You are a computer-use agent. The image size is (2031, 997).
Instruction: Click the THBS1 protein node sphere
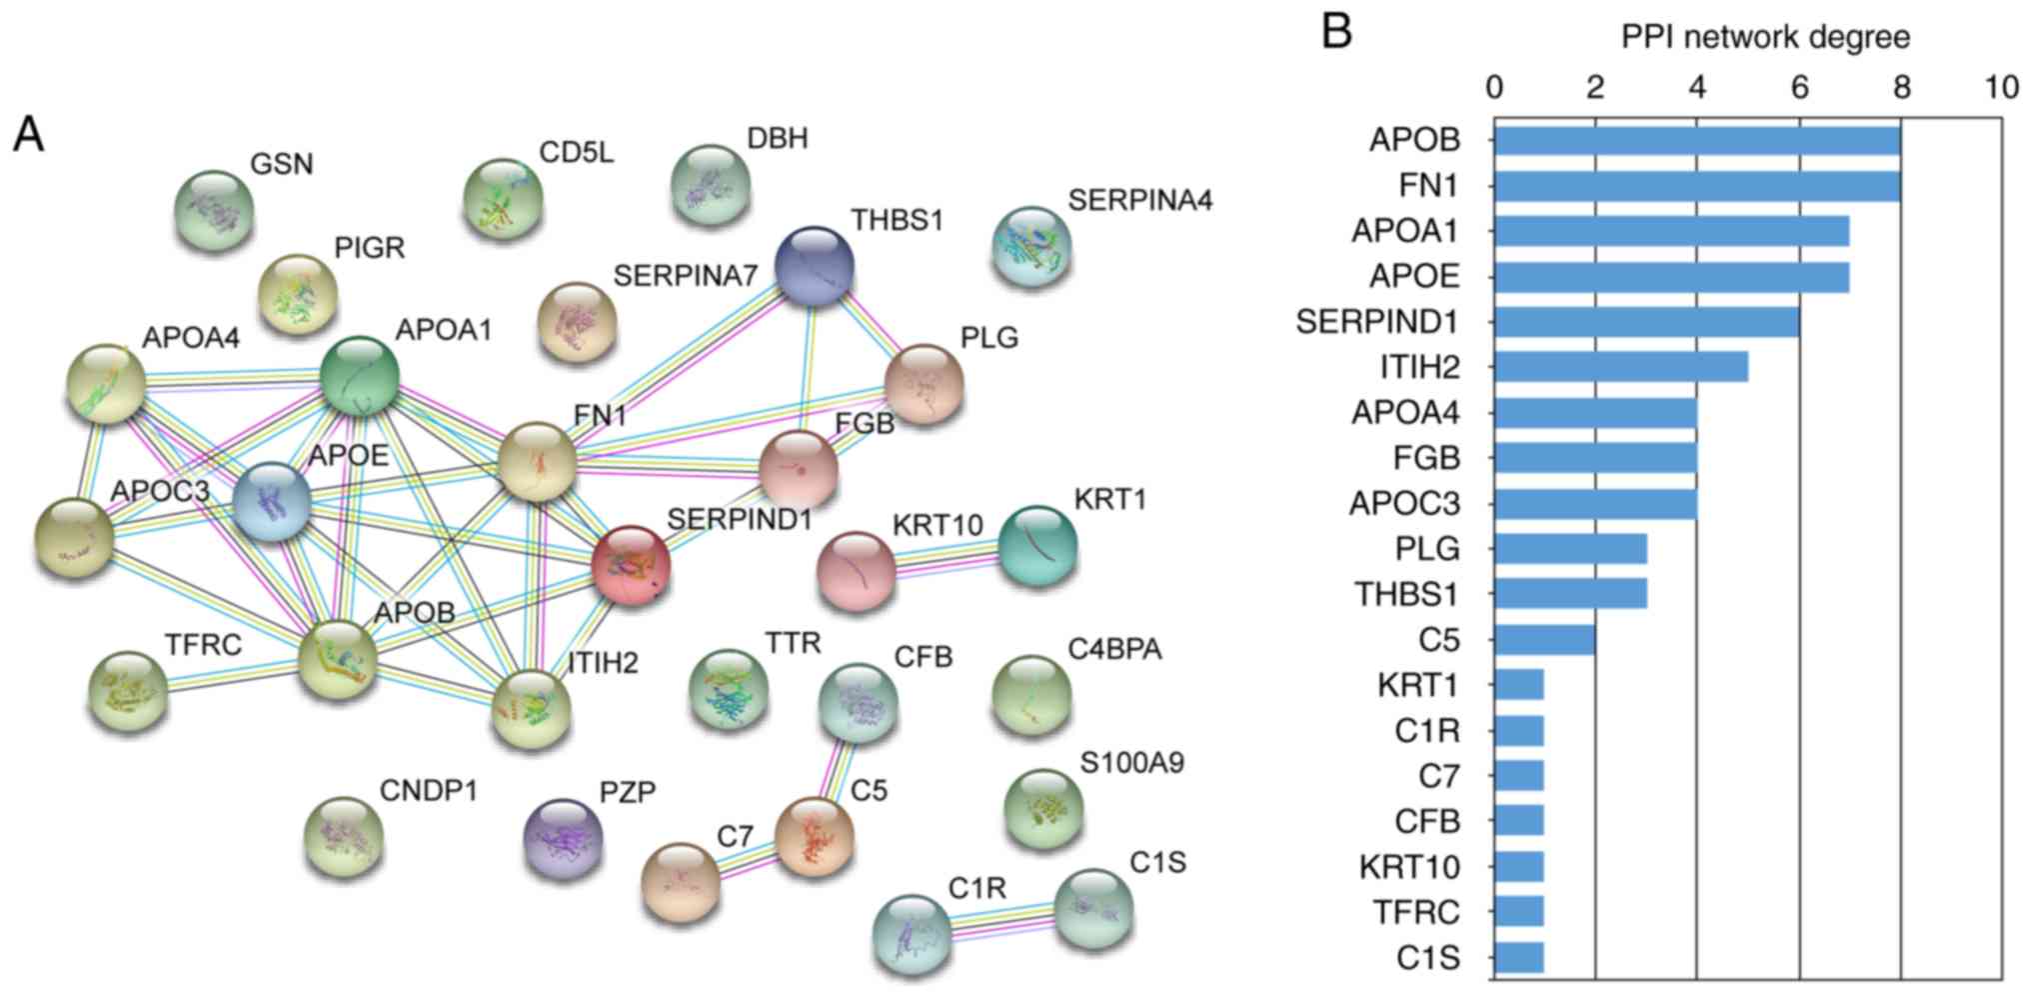(815, 266)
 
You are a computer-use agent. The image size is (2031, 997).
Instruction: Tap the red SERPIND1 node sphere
(630, 566)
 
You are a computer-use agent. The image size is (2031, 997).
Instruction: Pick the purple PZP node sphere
(564, 839)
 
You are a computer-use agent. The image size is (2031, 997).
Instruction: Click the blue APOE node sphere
(271, 503)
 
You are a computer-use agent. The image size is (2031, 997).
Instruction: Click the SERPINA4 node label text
(1139, 201)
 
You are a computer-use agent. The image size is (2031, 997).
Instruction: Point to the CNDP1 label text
(429, 791)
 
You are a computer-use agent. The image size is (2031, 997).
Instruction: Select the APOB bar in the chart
(1696, 140)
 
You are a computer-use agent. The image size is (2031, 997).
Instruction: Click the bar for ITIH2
(1620, 367)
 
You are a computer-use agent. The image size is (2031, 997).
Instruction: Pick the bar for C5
(1544, 640)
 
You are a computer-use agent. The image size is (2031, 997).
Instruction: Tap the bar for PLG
(1570, 549)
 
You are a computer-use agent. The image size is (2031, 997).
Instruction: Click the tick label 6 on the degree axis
(1799, 88)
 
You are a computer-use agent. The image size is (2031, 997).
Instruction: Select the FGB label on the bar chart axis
(1426, 458)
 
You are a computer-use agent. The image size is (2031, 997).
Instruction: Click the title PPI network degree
(1765, 37)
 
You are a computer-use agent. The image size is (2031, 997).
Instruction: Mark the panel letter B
(1337, 32)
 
